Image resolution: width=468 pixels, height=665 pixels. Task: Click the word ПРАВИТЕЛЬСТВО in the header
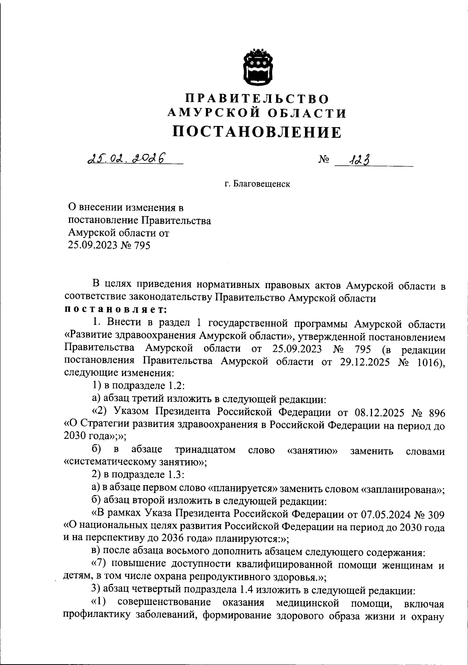(x=257, y=98)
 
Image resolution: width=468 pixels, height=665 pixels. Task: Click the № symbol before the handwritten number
(x=324, y=160)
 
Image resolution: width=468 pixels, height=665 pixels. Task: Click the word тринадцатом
(x=205, y=450)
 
